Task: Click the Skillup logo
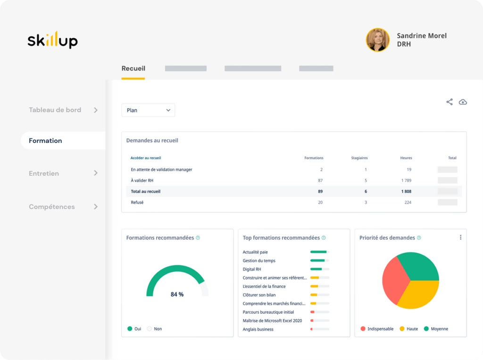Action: click(52, 40)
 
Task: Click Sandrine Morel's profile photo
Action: click(378, 40)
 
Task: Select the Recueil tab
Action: click(133, 68)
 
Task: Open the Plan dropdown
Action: click(148, 110)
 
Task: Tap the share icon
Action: click(450, 102)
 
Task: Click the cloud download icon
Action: click(463, 102)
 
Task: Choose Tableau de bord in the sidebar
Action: click(55, 110)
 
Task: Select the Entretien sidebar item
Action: click(44, 174)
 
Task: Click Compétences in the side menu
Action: click(52, 207)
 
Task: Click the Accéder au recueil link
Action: click(146, 158)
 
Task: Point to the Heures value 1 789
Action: click(407, 180)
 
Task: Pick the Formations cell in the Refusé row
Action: click(320, 202)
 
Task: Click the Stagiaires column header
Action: click(359, 158)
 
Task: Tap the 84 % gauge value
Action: click(177, 294)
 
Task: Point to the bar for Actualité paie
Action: click(318, 252)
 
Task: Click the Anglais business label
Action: click(258, 329)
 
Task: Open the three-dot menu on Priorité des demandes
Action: click(461, 237)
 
